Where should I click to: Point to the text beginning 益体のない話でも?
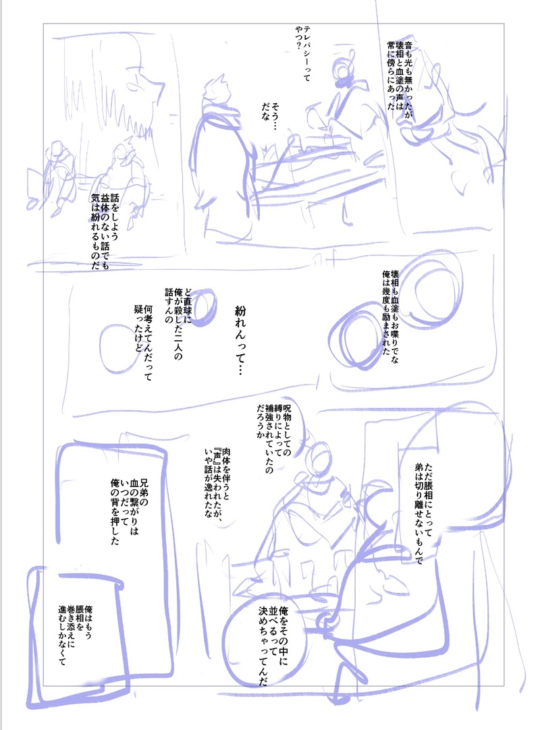click(x=105, y=230)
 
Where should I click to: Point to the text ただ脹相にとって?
click(x=423, y=513)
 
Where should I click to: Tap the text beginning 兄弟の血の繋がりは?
click(x=129, y=512)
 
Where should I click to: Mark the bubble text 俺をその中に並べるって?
click(x=273, y=645)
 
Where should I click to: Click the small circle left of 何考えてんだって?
click(x=117, y=347)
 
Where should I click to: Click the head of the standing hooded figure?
click(x=217, y=92)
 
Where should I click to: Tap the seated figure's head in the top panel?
click(x=344, y=70)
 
